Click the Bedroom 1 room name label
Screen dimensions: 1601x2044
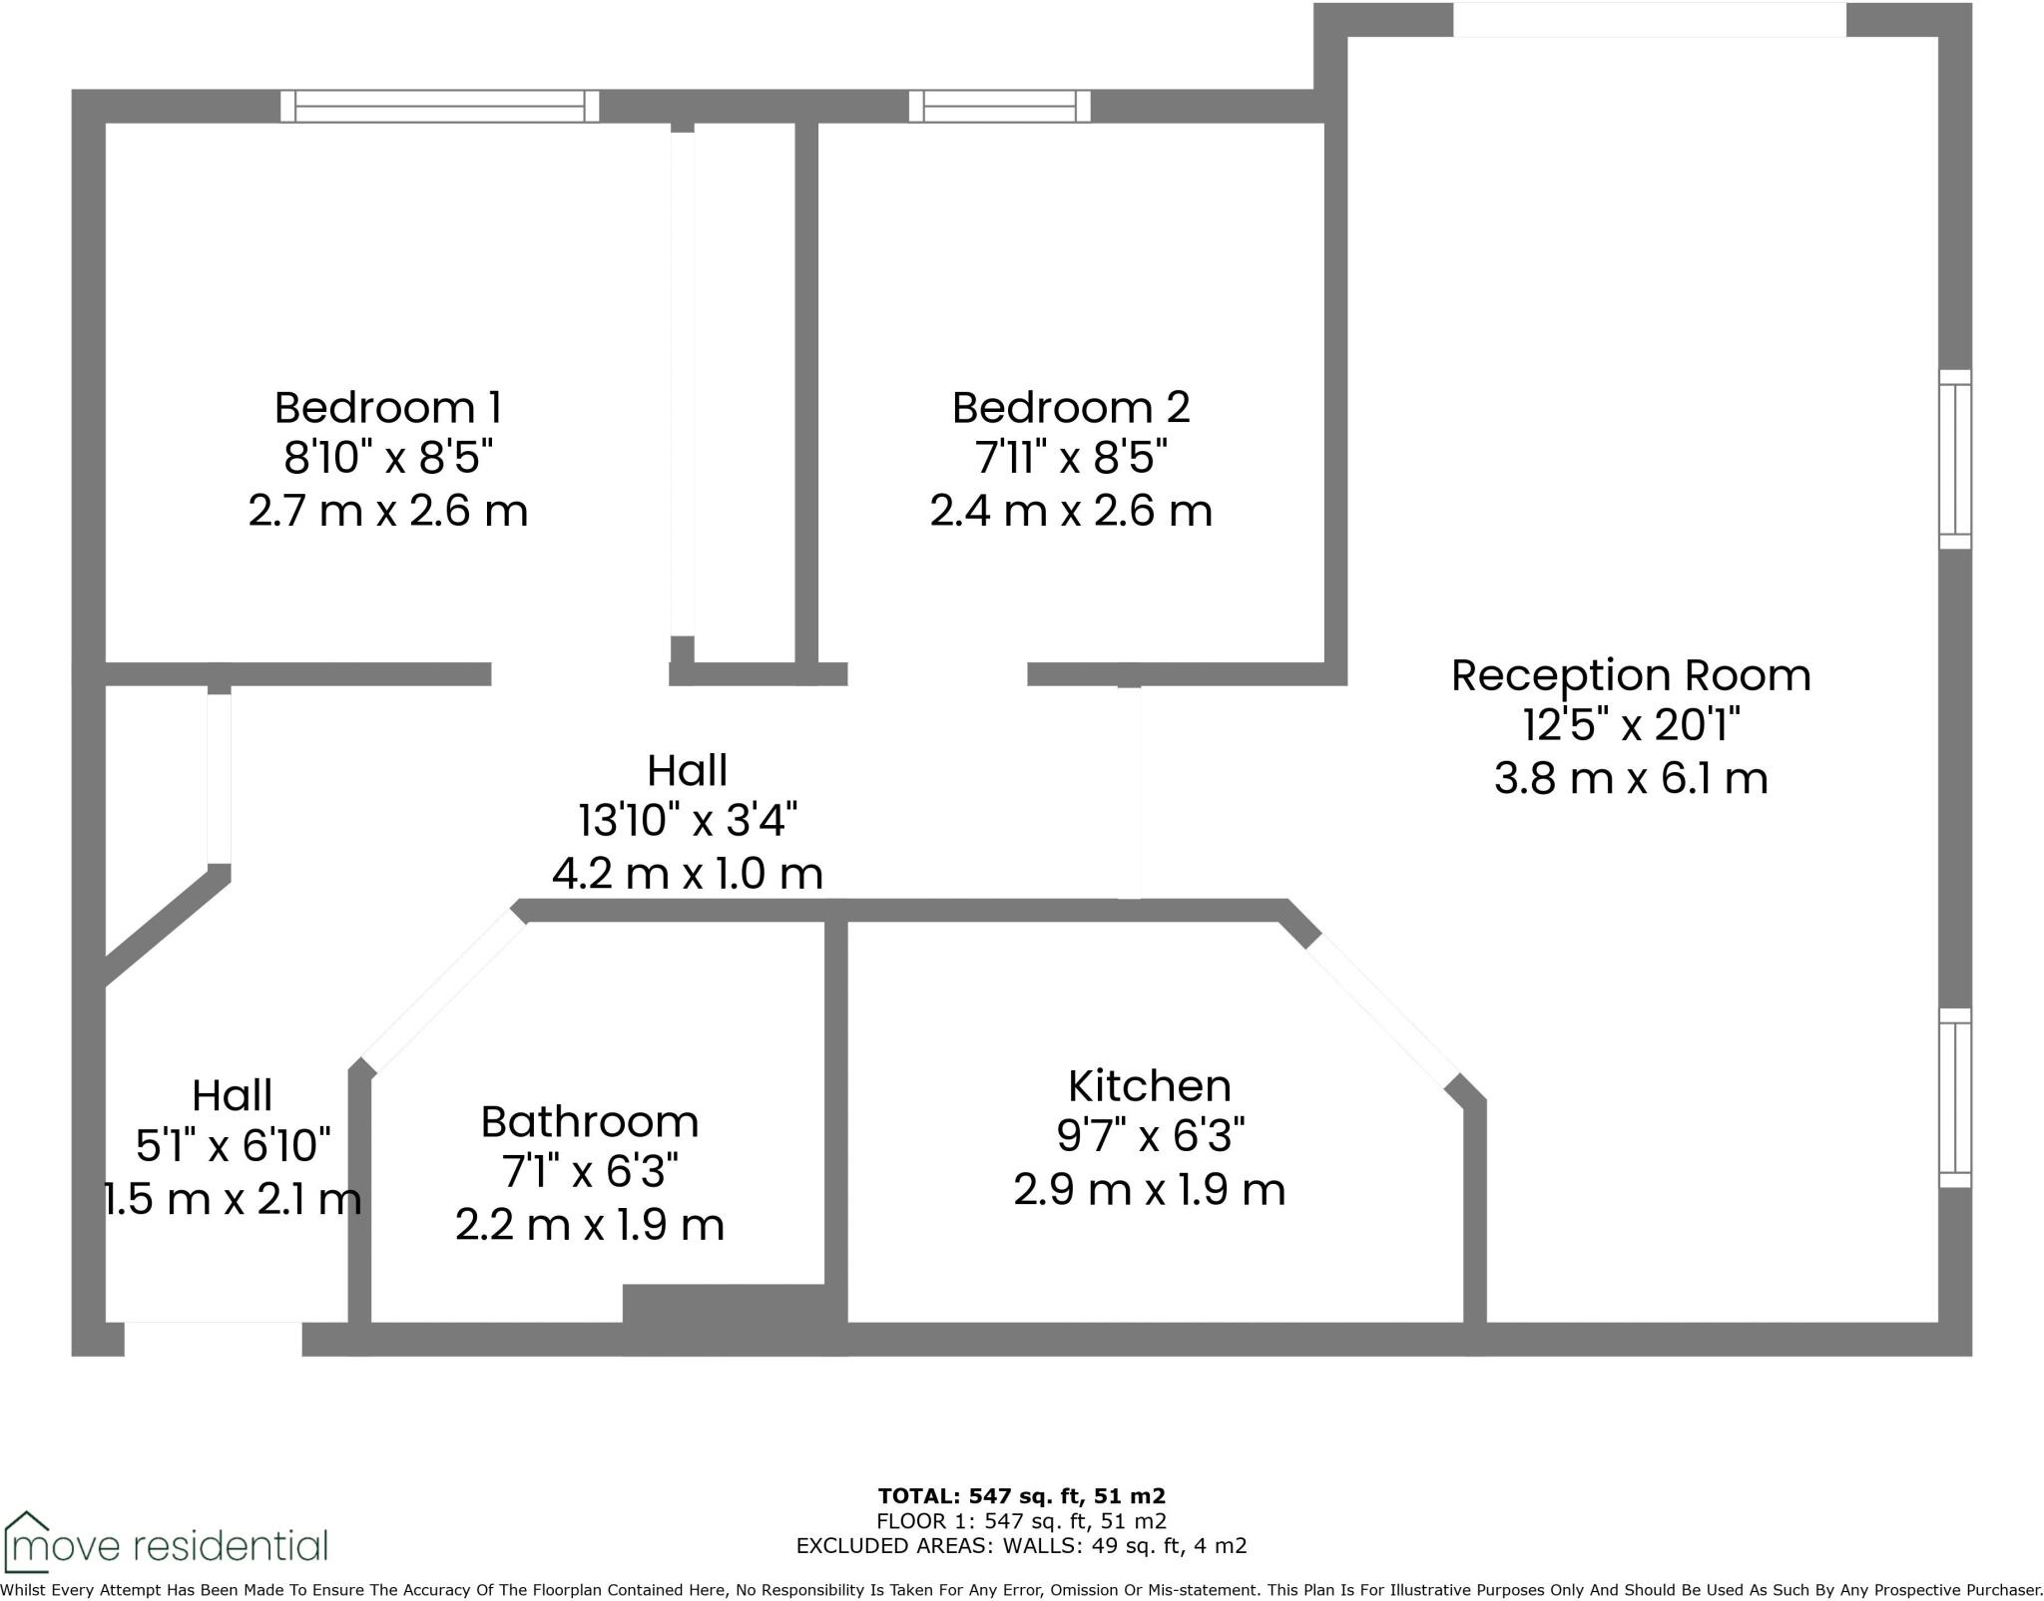(387, 407)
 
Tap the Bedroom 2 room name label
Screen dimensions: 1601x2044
(1071, 407)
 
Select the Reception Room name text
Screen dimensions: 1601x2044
(1631, 675)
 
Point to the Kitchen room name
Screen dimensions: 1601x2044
(1149, 1085)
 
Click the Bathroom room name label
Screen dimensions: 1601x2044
(590, 1121)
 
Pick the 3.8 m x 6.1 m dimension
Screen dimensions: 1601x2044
(1631, 778)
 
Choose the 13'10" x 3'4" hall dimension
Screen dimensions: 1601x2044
(688, 821)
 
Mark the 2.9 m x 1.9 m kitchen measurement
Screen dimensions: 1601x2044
(1149, 1189)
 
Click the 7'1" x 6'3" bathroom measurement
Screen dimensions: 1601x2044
(590, 1173)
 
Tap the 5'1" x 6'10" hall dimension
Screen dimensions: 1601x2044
(233, 1146)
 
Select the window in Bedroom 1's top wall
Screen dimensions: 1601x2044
(439, 106)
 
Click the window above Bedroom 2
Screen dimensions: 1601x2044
(999, 106)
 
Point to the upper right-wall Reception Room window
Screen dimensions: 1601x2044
(1955, 459)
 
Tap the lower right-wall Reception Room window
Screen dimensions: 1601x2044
(1955, 1097)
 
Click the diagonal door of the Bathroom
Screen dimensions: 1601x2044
(443, 992)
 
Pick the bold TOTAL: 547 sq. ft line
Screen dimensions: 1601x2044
(1021, 1495)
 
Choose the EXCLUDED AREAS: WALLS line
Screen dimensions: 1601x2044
(1021, 1546)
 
